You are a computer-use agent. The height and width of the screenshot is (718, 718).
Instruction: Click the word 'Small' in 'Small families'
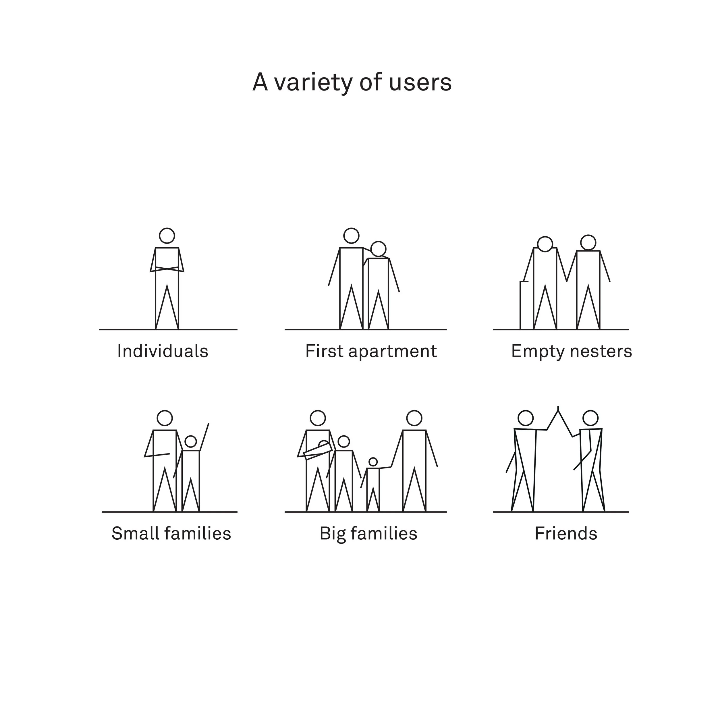coord(135,534)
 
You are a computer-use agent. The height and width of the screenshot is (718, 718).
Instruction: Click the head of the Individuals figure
coord(167,236)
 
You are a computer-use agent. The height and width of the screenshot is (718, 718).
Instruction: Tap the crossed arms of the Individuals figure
coord(167,269)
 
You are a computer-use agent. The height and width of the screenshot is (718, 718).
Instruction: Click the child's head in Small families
coord(191,441)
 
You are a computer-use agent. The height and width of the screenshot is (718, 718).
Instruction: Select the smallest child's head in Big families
coord(373,462)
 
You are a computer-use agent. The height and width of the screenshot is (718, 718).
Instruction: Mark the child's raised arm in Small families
coord(204,437)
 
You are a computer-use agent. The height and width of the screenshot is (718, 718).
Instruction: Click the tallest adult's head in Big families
coord(414,418)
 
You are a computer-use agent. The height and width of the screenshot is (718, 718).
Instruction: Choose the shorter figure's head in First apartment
coord(378,249)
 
